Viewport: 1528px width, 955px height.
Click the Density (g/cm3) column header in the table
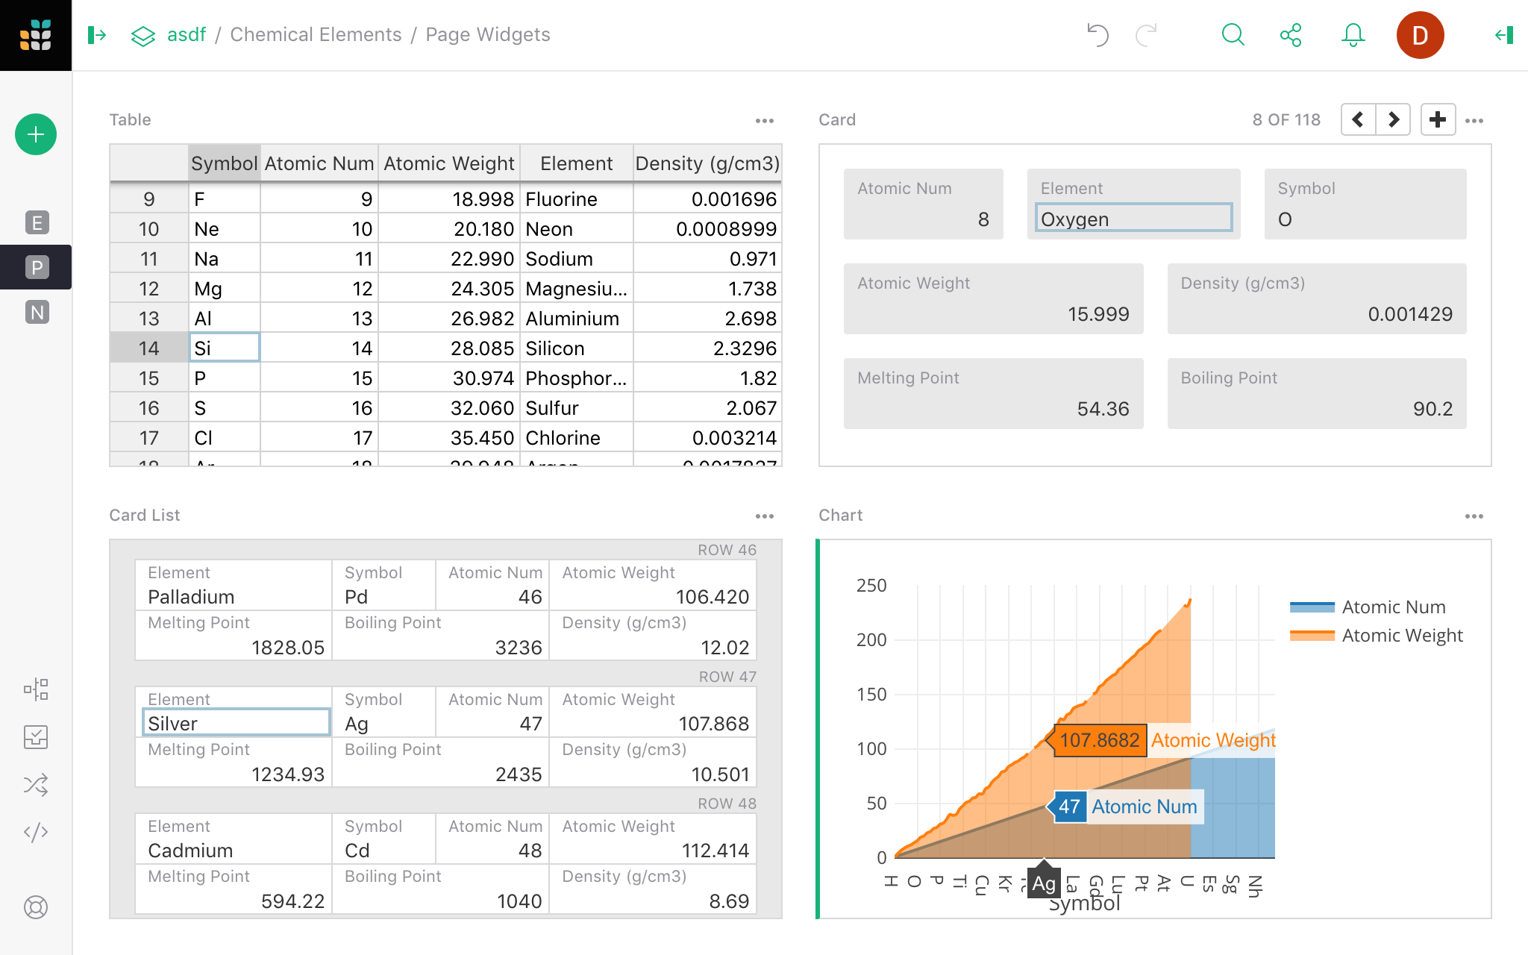707,163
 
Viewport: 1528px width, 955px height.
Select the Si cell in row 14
224,348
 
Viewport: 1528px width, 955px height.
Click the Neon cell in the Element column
575,229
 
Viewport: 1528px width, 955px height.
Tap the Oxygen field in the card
1133,219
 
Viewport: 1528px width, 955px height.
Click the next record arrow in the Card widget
1393,119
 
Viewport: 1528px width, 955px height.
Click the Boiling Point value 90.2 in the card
1432,409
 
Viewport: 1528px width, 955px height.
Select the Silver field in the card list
236,723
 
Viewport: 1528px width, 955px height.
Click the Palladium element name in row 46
192,597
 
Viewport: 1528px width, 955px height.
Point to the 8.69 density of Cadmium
728,901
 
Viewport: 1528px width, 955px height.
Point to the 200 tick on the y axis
871,640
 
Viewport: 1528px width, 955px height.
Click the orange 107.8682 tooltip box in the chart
1099,740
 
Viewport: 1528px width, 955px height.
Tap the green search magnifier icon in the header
1233,35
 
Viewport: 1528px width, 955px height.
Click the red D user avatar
1419,35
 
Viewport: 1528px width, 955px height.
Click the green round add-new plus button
36,134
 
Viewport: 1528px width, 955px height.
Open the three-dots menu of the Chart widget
1474,516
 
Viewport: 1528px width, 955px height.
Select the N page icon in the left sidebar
37,312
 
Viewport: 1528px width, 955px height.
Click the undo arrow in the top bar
1098,35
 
